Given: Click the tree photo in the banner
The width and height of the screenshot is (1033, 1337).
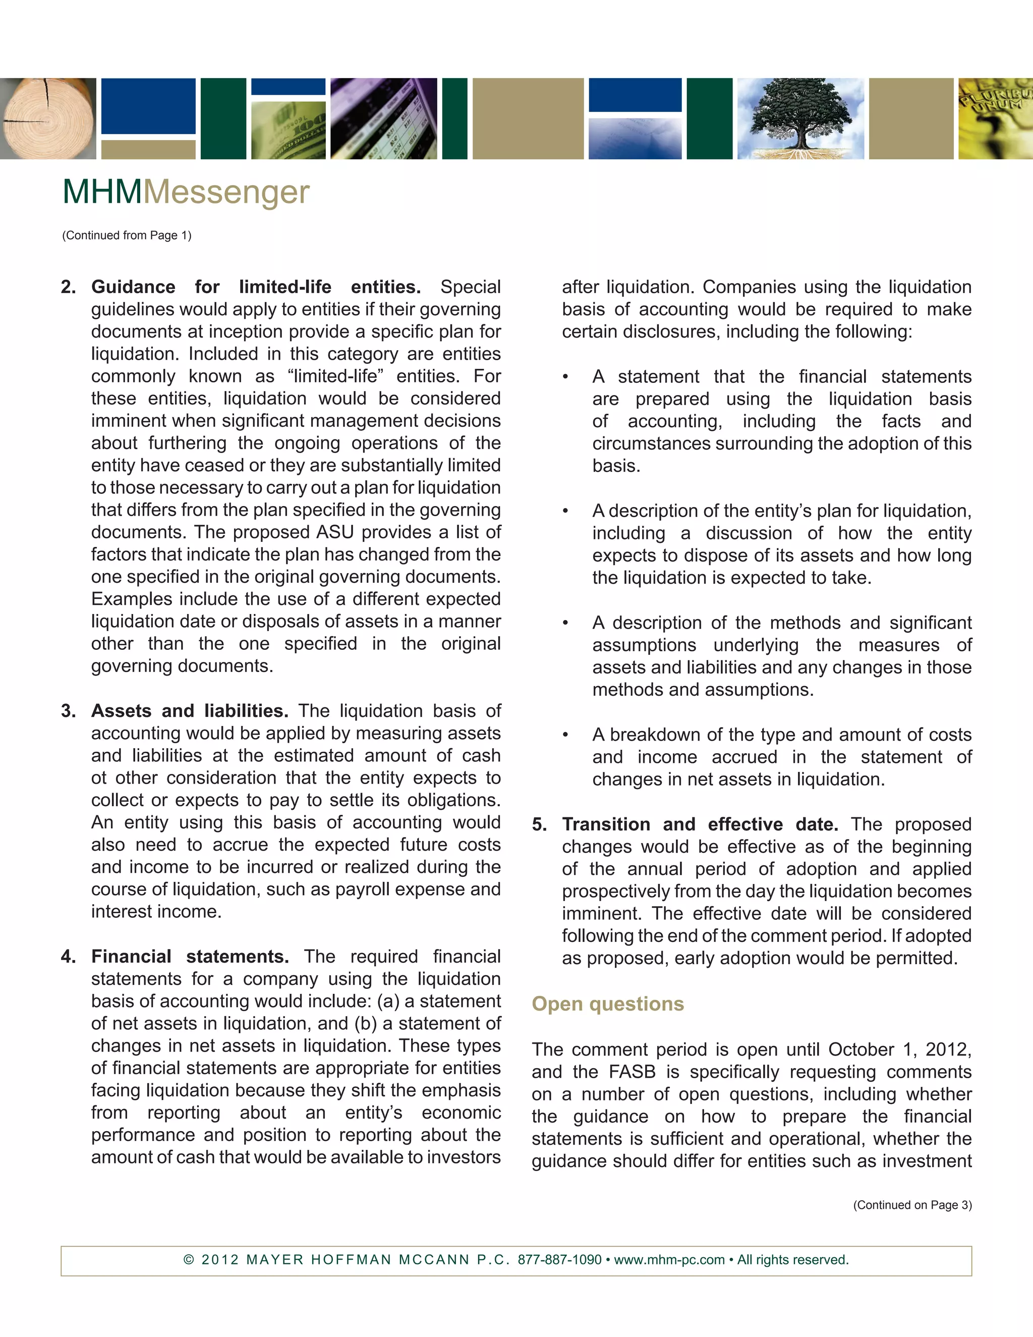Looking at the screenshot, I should pos(800,119).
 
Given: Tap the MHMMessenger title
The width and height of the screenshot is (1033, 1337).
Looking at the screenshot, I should pos(186,192).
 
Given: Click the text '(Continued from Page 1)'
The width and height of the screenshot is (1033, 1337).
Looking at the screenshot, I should pos(127,236).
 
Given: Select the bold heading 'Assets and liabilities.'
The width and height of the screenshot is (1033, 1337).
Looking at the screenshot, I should pos(189,711).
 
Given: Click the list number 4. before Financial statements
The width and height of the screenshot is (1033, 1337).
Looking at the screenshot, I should pos(68,957).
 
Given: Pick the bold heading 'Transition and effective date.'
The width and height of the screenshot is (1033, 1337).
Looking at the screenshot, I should pos(700,824).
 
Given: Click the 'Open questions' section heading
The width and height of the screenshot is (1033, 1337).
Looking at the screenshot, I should pos(607,1004).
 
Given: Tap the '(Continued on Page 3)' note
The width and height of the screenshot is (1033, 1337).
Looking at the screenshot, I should pos(912,1205).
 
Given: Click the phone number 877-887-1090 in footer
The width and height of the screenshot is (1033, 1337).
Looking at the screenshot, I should pos(559,1260).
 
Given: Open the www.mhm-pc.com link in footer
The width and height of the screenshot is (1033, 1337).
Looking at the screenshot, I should pos(669,1260).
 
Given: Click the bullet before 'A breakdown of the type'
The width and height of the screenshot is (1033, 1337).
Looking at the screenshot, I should pos(565,735).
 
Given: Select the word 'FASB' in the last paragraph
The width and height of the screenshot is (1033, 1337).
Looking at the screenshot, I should pos(632,1072).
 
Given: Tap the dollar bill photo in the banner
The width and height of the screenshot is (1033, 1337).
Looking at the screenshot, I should pos(288,130).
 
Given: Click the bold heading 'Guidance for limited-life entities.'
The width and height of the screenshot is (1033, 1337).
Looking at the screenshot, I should pos(255,287).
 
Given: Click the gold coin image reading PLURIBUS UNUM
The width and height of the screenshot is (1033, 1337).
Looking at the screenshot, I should pos(995,119).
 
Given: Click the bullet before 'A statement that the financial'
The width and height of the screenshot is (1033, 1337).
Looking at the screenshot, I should pos(565,376).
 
